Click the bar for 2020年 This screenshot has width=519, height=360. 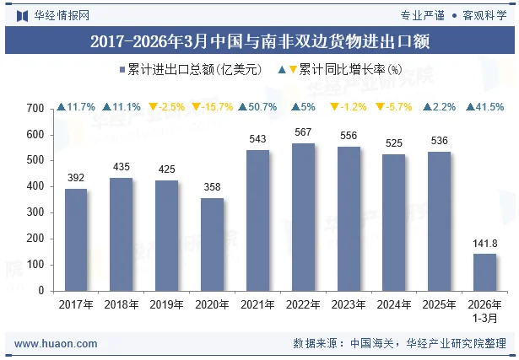pos(212,244)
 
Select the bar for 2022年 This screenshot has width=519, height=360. pos(303,218)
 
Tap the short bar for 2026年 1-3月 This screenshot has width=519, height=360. pos(485,272)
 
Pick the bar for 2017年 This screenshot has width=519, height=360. pos(76,240)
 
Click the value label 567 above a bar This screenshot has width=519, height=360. pos(303,132)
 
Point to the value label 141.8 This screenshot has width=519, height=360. pos(485,244)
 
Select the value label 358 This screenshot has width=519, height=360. pos(212,187)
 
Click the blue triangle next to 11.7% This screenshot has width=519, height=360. pos(62,107)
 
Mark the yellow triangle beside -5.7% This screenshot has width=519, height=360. pos(380,107)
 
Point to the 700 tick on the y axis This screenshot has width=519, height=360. pos(35,109)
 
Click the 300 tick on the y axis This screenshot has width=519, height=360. pos(35,212)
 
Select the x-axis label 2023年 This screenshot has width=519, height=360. pos(349,304)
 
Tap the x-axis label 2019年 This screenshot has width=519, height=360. pos(166,304)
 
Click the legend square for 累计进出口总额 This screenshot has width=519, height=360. pos(122,70)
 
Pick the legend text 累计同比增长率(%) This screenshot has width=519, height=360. pos(350,70)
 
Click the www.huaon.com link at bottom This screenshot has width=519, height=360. pos(56,344)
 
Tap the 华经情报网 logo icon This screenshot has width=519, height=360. pos(22,16)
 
